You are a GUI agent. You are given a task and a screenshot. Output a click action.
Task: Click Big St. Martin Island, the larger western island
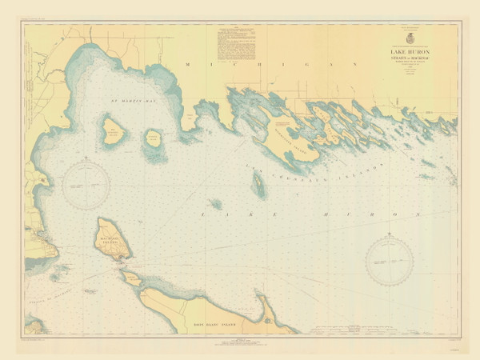[x=114, y=130]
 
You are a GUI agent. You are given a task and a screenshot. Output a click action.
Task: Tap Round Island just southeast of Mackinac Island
[x=128, y=275]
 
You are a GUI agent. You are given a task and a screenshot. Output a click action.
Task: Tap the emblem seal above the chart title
[x=411, y=38]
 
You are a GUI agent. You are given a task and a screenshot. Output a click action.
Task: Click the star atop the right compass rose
[x=389, y=234]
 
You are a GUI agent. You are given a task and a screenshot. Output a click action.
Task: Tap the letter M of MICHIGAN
[x=186, y=64]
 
